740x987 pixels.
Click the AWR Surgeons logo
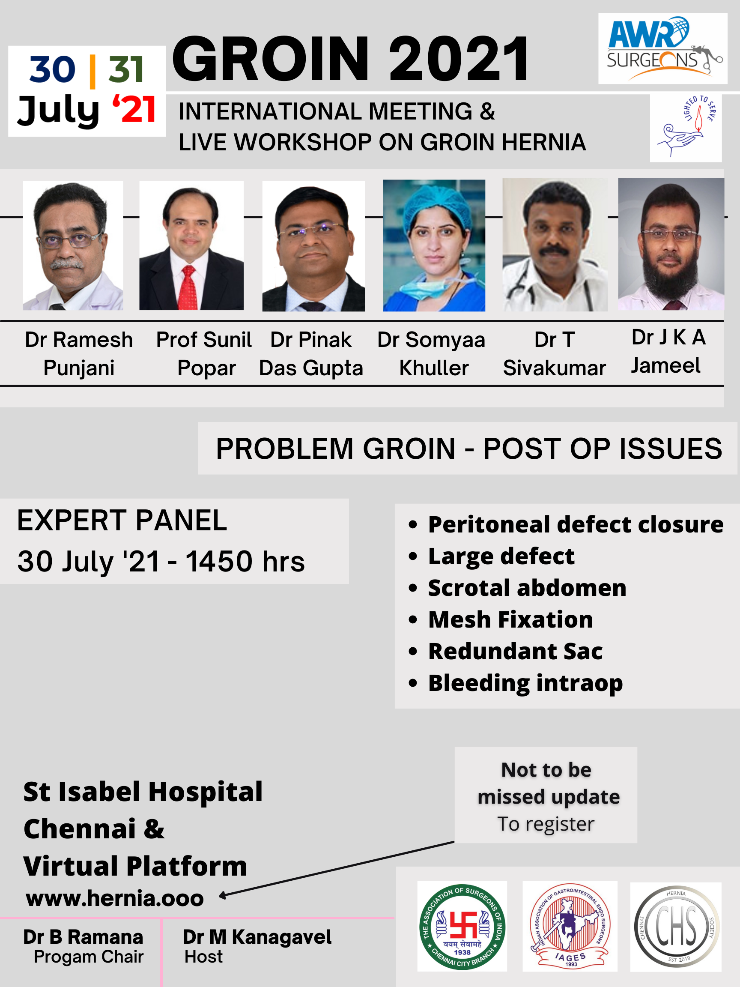pyautogui.click(x=663, y=49)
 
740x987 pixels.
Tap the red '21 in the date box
pyautogui.click(x=134, y=109)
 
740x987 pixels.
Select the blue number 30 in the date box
pyautogui.click(x=53, y=69)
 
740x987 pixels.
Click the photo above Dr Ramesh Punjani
pyautogui.click(x=73, y=245)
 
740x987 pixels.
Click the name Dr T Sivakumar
pyautogui.click(x=555, y=354)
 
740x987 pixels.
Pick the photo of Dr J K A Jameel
pyautogui.click(x=671, y=244)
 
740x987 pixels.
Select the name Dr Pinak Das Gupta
pyautogui.click(x=311, y=354)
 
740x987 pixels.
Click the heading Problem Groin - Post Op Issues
pyautogui.click(x=469, y=449)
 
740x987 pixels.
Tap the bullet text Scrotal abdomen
pyautogui.click(x=527, y=588)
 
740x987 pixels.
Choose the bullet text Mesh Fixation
pyautogui.click(x=511, y=619)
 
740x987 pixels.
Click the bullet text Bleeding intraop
pyautogui.click(x=525, y=684)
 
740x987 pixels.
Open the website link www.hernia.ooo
pyautogui.click(x=115, y=898)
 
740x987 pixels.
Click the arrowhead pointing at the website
pyautogui.click(x=223, y=895)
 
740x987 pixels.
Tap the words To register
pyautogui.click(x=546, y=824)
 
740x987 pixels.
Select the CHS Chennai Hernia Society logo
pyautogui.click(x=676, y=927)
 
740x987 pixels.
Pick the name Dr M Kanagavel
pyautogui.click(x=257, y=937)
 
